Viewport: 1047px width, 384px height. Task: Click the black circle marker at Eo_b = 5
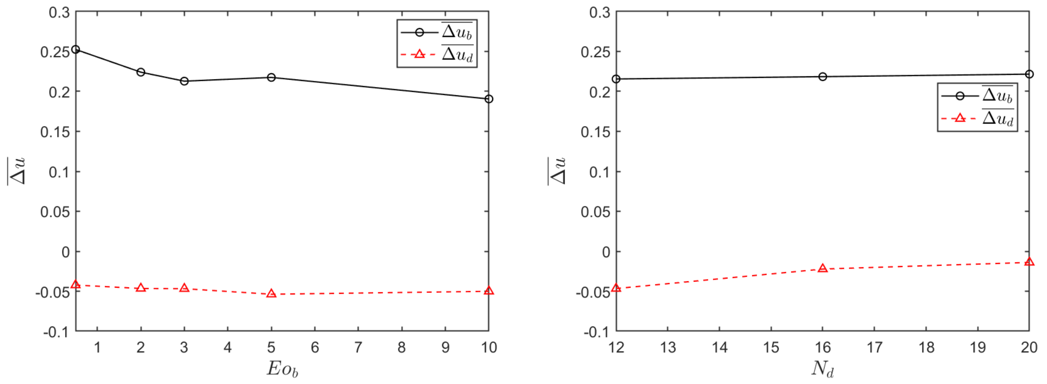click(x=271, y=77)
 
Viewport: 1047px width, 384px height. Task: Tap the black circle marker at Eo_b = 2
click(x=141, y=72)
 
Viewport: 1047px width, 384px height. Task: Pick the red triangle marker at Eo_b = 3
click(x=184, y=288)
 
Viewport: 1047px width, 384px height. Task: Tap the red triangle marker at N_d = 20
click(x=1029, y=262)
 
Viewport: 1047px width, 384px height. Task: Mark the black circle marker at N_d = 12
click(x=616, y=79)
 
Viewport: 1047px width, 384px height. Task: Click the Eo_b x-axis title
click(x=282, y=368)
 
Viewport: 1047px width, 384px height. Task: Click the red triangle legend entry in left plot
click(x=437, y=54)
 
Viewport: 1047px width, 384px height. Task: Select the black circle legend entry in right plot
click(x=978, y=96)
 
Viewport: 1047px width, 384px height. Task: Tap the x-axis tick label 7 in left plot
click(x=358, y=347)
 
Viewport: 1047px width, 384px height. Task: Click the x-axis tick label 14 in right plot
click(x=719, y=347)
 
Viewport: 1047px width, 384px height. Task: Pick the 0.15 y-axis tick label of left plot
click(x=55, y=132)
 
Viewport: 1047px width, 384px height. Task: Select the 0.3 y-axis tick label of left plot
click(x=59, y=12)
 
